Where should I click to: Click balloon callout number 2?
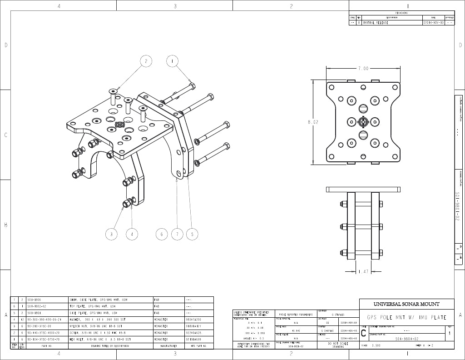tap(146, 61)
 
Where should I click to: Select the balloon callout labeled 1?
tap(173, 61)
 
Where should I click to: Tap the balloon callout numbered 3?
tap(112, 234)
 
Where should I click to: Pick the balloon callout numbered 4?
tap(132, 234)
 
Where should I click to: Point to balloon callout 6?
tap(161, 234)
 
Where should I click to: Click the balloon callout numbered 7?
tap(177, 234)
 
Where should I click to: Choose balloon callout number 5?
tap(193, 234)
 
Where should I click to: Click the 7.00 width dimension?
tap(363, 68)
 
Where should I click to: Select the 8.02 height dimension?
tap(312, 122)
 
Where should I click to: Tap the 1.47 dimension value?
tap(363, 271)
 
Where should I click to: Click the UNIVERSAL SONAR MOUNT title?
tap(406, 304)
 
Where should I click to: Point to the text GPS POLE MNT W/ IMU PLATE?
tap(406, 317)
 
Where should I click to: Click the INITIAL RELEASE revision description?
tap(376, 22)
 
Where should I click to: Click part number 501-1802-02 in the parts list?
tap(38, 306)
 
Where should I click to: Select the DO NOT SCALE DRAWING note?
tap(338, 345)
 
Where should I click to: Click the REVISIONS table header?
tap(401, 13)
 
